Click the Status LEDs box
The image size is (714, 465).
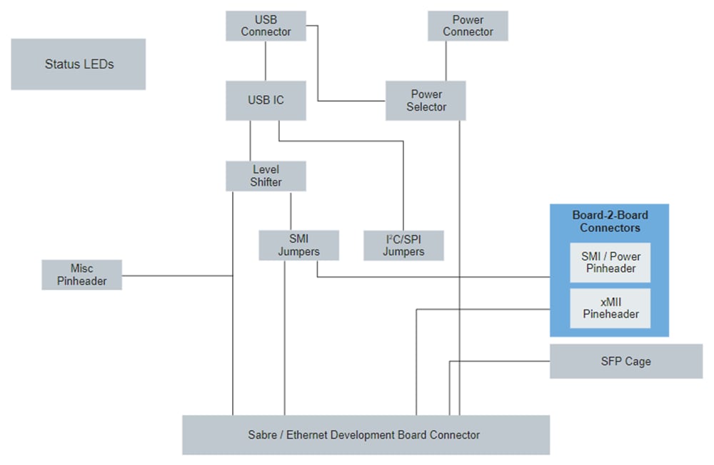point(79,64)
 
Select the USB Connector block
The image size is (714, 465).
point(266,26)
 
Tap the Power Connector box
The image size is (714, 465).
point(468,26)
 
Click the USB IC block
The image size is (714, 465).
point(266,100)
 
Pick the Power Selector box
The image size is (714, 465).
point(426,101)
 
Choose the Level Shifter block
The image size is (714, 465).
point(266,176)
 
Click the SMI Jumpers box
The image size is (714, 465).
point(298,245)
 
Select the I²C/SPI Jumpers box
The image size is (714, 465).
point(403,245)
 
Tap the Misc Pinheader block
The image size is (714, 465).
point(82,274)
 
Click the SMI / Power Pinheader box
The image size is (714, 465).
point(610,262)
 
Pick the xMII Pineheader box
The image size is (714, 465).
point(610,308)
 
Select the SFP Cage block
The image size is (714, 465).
point(625,361)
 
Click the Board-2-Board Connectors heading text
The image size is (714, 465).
point(610,221)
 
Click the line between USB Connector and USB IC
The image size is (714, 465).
point(266,61)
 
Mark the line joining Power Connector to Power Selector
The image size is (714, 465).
point(446,61)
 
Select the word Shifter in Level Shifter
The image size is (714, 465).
point(266,183)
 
